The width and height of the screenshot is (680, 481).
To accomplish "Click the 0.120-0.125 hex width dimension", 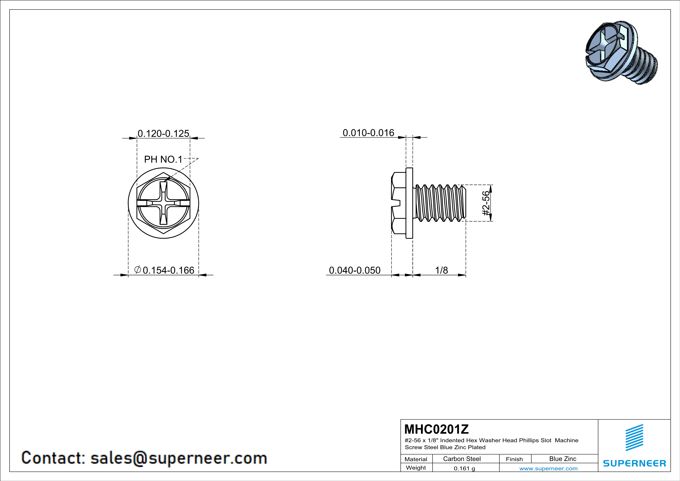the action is (163, 134).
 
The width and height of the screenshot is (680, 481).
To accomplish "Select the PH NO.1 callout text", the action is (163, 160).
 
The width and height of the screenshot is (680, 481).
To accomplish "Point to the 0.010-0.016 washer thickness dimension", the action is (368, 133).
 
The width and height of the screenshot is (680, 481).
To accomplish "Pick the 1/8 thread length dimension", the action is (441, 270).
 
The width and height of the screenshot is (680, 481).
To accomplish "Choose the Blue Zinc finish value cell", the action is (563, 459).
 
